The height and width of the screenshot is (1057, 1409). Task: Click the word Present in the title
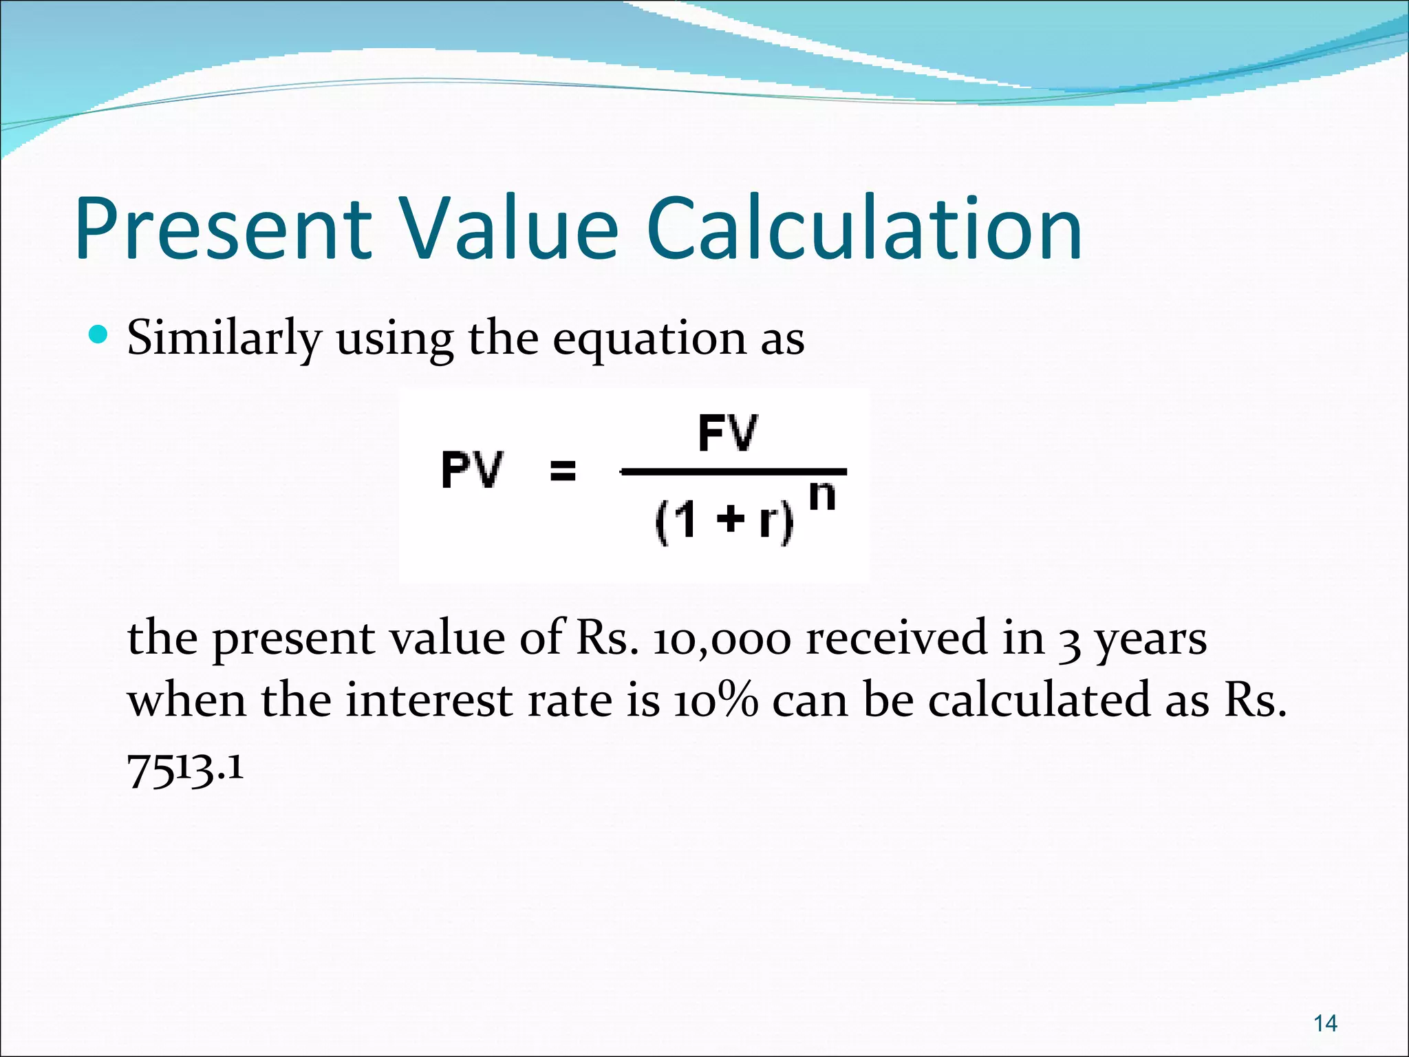(x=224, y=228)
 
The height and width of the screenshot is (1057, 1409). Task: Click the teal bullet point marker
(x=99, y=335)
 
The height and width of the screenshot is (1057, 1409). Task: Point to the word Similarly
(x=224, y=339)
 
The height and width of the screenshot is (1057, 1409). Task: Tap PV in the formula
(x=472, y=470)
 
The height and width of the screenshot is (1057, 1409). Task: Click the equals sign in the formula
(x=563, y=471)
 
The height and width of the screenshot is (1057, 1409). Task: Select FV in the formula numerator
(x=728, y=433)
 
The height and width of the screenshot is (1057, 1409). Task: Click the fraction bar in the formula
(x=733, y=472)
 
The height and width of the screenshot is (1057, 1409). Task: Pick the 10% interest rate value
(x=716, y=701)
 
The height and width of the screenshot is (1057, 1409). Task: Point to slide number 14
(x=1325, y=1024)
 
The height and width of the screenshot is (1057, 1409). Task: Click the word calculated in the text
(x=1039, y=701)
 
